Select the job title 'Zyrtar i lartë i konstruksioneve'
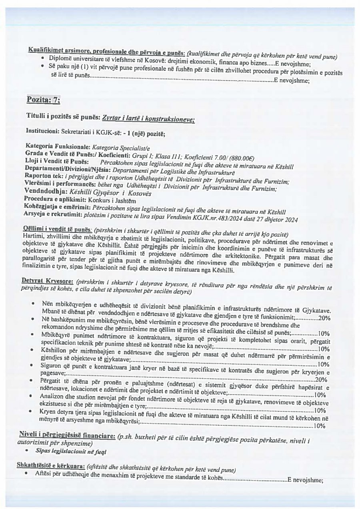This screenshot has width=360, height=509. tap(148, 118)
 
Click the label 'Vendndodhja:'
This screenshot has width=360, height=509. tap(45, 190)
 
